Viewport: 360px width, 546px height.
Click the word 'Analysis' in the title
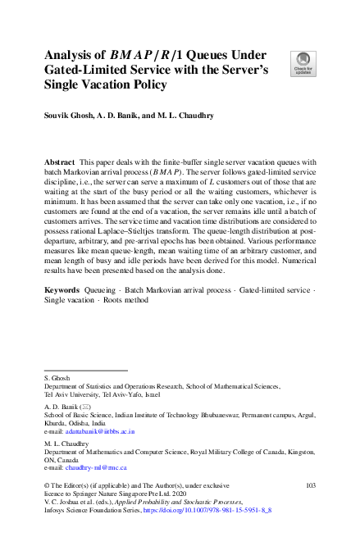tap(71, 56)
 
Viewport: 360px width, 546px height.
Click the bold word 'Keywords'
tap(62, 290)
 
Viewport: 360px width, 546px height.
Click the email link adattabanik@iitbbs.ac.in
tap(101, 430)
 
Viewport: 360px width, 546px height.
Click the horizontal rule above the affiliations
tap(85, 370)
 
